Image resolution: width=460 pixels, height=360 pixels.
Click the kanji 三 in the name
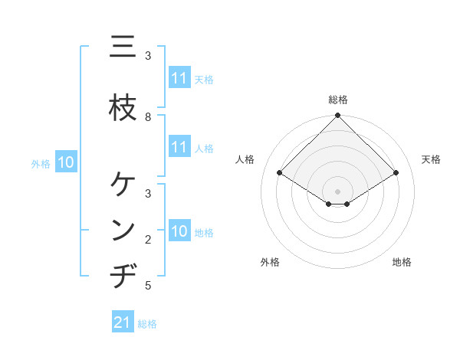click(x=123, y=48)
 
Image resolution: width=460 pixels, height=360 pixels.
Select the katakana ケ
click(x=123, y=184)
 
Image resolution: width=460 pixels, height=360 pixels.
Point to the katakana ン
click(x=123, y=231)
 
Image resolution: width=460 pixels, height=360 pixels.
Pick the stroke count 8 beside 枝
click(x=148, y=116)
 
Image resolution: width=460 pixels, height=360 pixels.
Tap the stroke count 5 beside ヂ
click(x=148, y=286)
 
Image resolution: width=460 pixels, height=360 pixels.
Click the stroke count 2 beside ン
click(x=148, y=240)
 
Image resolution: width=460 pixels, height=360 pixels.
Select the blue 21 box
click(x=122, y=322)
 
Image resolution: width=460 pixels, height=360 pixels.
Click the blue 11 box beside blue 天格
click(x=179, y=78)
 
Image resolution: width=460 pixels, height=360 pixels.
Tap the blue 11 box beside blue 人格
click(x=179, y=147)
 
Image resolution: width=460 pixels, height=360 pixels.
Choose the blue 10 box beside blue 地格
click(x=179, y=231)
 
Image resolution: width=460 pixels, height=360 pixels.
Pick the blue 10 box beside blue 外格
click(x=66, y=162)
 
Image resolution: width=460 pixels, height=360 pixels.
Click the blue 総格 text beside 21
click(x=148, y=324)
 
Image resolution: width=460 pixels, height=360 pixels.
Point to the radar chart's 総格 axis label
click(x=337, y=100)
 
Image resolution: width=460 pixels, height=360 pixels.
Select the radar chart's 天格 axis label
click(x=431, y=159)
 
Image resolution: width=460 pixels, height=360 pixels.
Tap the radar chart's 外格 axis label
click(x=270, y=262)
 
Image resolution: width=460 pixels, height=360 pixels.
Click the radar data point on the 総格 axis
click(x=337, y=116)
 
